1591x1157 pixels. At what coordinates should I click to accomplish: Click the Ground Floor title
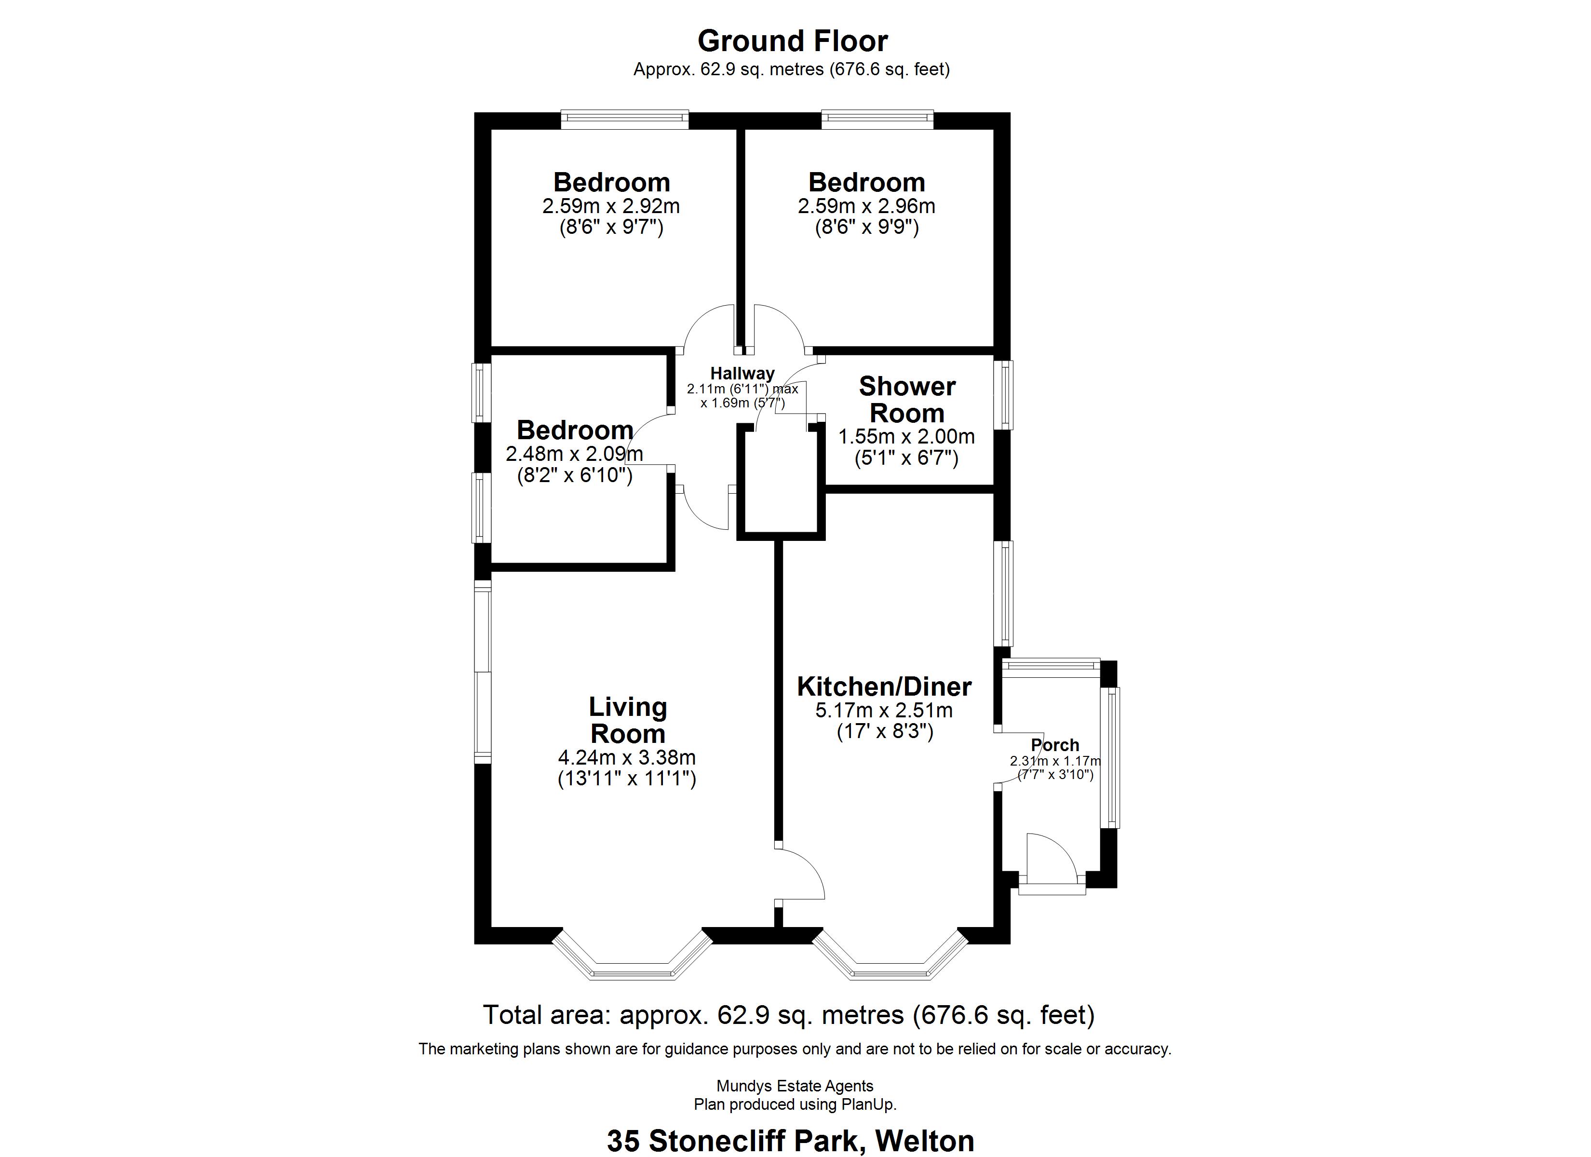coord(792,41)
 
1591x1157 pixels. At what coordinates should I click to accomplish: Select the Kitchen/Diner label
coord(884,686)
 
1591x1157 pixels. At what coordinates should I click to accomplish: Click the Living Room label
coord(627,720)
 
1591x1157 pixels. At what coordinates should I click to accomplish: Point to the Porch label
coord(1054,744)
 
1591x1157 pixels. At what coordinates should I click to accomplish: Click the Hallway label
coord(742,373)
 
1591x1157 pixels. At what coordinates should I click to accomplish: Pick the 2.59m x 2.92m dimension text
coord(610,206)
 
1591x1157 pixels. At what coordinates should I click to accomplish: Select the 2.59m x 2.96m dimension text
coord(866,206)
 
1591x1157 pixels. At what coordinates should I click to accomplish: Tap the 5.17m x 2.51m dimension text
coord(883,710)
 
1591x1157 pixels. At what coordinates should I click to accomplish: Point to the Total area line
coord(788,1015)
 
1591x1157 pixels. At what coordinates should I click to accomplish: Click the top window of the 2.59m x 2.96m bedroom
coord(877,119)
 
